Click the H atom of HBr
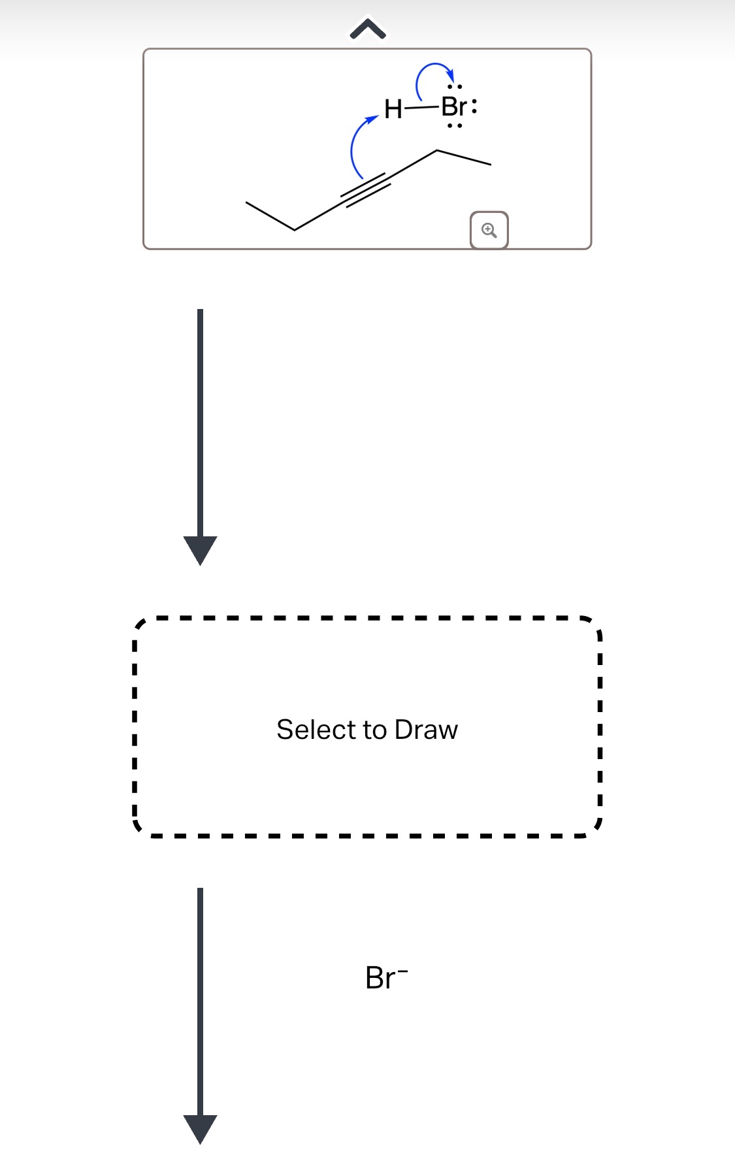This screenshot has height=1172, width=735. pos(393,108)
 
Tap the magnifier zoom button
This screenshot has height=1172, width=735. pos(489,230)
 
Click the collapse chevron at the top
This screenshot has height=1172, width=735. pos(368,29)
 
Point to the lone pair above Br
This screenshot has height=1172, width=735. pos(455,86)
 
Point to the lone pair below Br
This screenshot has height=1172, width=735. pos(455,125)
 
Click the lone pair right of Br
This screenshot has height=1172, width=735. pos(474,106)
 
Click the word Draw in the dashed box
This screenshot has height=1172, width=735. pos(426,730)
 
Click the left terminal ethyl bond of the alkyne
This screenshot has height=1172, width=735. pos(270,216)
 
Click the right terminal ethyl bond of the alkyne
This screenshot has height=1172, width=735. pos(463,157)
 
